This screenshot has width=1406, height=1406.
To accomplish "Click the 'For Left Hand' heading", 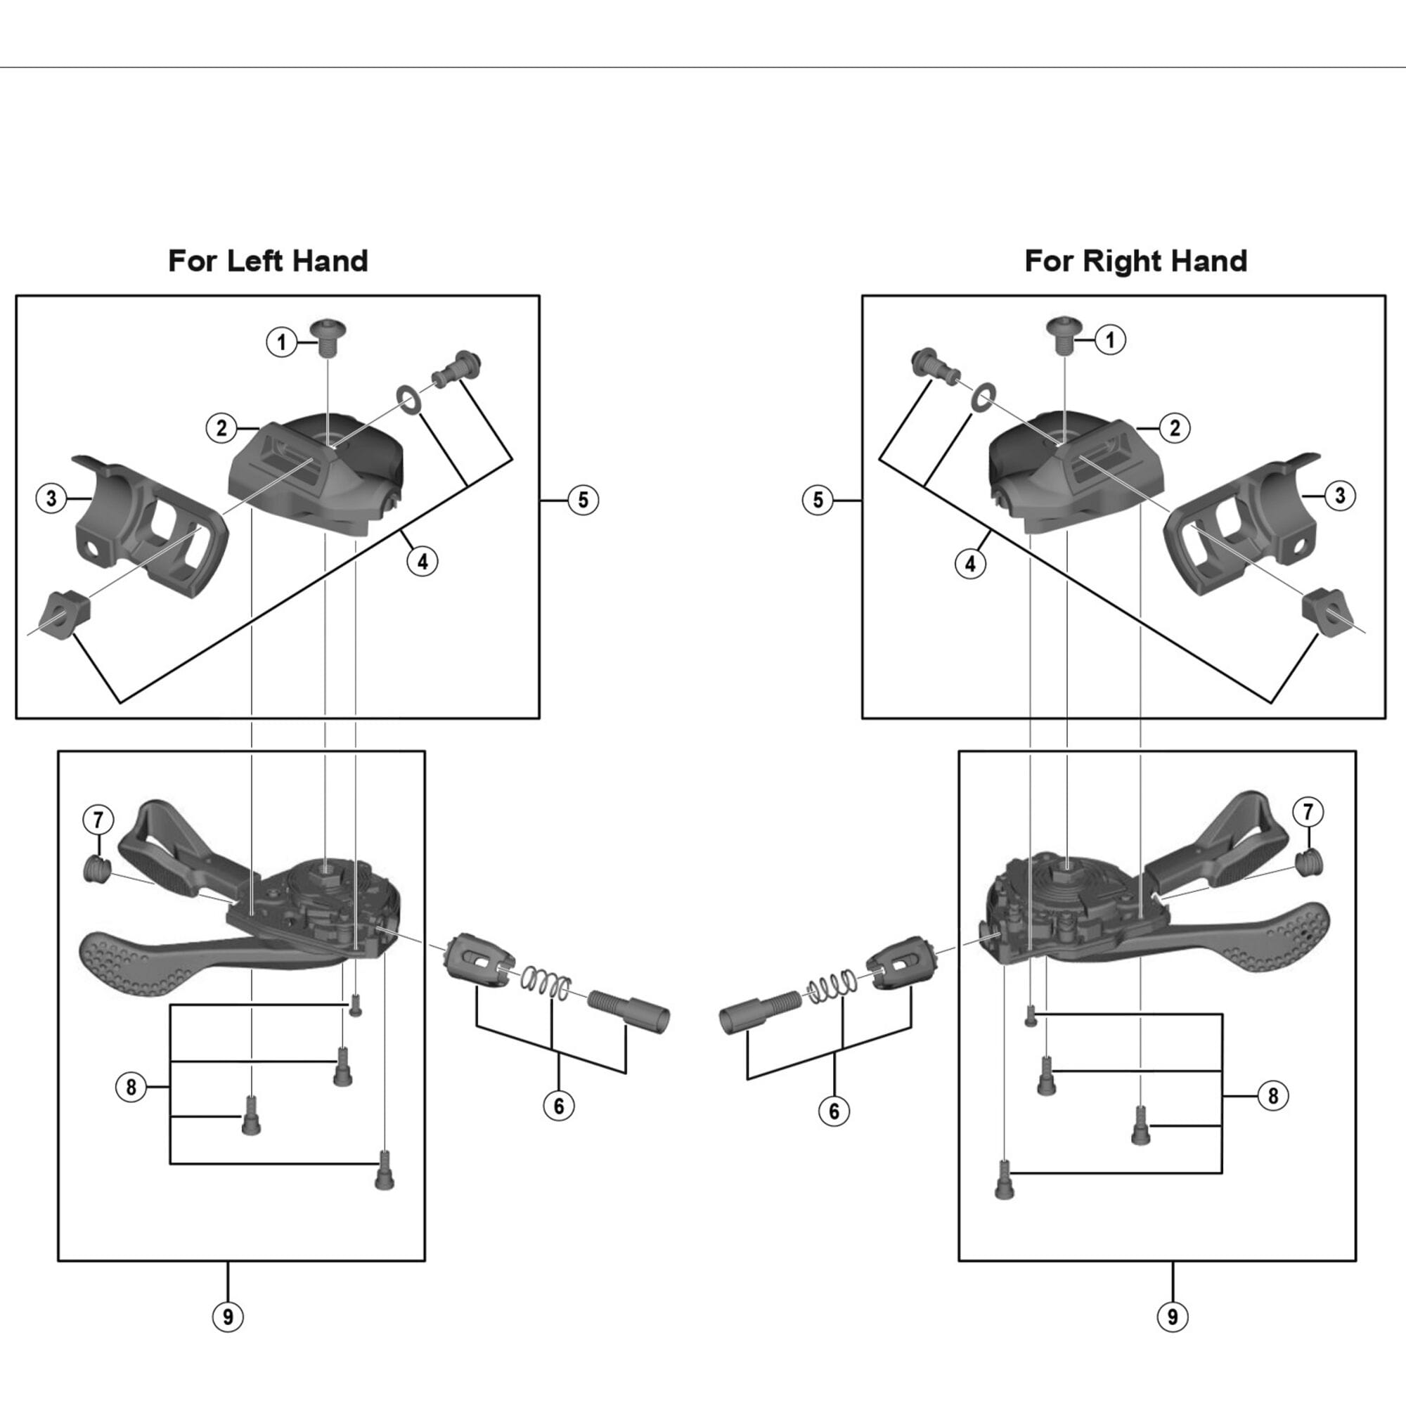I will [268, 261].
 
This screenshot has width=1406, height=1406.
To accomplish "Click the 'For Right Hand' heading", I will [1135, 261].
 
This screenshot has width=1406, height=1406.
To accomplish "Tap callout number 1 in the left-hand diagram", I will [282, 342].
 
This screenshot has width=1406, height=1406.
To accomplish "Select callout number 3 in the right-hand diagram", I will [1340, 496].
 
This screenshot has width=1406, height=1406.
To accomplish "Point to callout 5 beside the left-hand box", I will [583, 500].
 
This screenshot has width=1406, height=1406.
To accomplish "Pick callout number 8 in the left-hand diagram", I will [131, 1088].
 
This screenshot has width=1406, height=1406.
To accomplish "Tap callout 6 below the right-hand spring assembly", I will [834, 1111].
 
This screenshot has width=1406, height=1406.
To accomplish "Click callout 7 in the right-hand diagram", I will [1308, 811].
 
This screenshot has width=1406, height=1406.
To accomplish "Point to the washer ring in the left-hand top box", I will [408, 398].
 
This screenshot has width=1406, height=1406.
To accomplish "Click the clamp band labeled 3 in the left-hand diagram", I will [149, 524].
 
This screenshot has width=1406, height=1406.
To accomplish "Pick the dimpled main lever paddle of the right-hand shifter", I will [1281, 939].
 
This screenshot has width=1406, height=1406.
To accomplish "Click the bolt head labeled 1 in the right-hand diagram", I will [1064, 334].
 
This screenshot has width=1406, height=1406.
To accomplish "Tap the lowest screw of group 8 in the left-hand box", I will [385, 1170].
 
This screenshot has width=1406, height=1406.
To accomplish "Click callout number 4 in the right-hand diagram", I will [970, 563].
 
